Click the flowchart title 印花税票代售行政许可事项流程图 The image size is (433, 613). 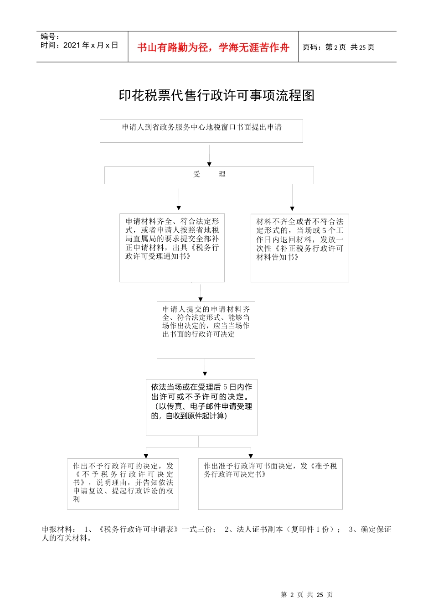[x=216, y=95]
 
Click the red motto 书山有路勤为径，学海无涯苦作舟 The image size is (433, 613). [x=213, y=47]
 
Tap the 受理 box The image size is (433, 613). [x=209, y=175]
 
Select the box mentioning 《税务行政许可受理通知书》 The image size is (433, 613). [x=172, y=248]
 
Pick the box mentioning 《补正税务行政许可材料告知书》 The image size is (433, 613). [x=299, y=248]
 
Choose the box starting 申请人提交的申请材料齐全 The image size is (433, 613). [x=206, y=330]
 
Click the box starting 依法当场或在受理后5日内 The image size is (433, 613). [x=201, y=407]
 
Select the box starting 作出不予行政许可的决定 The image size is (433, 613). [x=123, y=483]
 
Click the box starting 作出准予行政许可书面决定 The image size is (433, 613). [x=270, y=483]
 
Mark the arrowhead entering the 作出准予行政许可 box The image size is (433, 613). [x=251, y=456]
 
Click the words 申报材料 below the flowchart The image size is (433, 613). [x=57, y=530]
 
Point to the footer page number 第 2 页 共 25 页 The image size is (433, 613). [x=307, y=595]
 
